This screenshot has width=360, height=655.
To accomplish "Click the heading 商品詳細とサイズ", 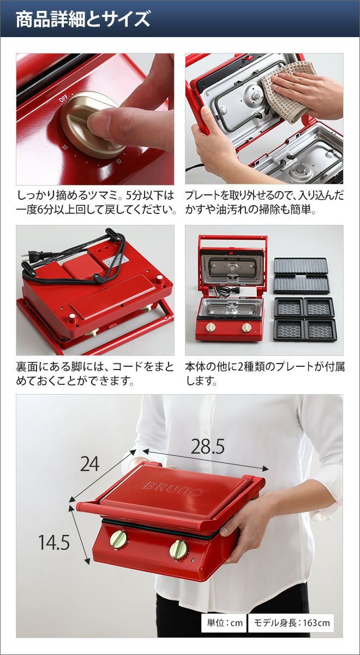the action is coord(83,20).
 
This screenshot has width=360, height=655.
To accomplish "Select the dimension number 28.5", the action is coord(207,446).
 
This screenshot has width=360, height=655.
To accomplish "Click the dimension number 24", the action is coord(89,464).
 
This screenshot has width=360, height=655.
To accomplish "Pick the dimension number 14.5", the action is coord(54,534).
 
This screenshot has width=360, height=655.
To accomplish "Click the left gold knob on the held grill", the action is coord(119,538).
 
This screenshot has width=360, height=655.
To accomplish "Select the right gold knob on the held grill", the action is coord(179,549).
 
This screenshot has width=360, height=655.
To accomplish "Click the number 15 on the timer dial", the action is coord(65,146).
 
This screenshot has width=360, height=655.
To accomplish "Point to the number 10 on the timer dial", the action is coord(119,161).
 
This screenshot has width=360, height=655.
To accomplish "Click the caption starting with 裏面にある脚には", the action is coord(95,374).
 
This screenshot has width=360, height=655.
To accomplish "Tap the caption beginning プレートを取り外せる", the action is coord(265,203).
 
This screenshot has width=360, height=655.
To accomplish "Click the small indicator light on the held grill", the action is coord(194,561).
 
